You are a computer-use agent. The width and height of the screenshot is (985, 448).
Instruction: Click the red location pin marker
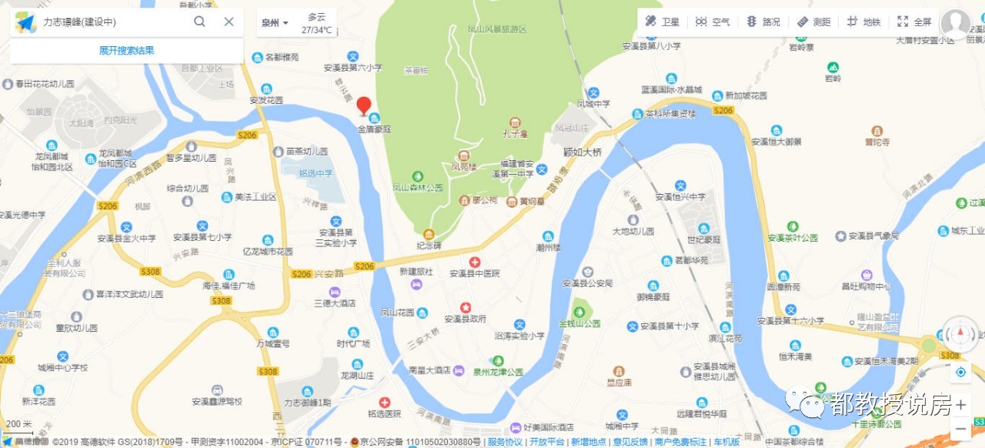pyautogui.click(x=364, y=106)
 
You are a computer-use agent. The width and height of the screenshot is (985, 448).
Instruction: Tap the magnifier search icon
pyautogui.click(x=199, y=22)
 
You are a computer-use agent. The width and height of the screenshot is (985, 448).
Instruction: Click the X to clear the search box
pyautogui.click(x=229, y=22)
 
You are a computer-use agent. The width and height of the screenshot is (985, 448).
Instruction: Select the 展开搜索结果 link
pyautogui.click(x=126, y=51)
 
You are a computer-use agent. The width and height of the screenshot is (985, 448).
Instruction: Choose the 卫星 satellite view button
pyautogui.click(x=663, y=22)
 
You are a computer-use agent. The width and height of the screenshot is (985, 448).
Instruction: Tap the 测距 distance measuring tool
pyautogui.click(x=813, y=22)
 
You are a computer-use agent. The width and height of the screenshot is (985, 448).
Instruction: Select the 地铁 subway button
pyautogui.click(x=863, y=22)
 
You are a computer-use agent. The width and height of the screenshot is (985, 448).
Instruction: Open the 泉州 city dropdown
pyautogui.click(x=275, y=23)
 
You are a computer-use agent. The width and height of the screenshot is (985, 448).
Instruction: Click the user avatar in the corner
pyautogui.click(x=955, y=24)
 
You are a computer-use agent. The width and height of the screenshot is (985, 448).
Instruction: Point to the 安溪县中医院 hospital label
pyautogui.click(x=475, y=273)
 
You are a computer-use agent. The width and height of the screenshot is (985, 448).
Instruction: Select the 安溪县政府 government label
pyautogui.click(x=465, y=318)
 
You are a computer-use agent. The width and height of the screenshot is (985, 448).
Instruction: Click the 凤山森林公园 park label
pyautogui.click(x=418, y=187)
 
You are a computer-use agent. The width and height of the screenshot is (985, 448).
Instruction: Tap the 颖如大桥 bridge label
pyautogui.click(x=582, y=152)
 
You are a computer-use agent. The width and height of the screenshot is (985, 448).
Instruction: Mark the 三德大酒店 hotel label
pyautogui.click(x=334, y=303)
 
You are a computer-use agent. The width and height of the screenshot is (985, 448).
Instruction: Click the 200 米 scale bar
pyautogui.click(x=19, y=425)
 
